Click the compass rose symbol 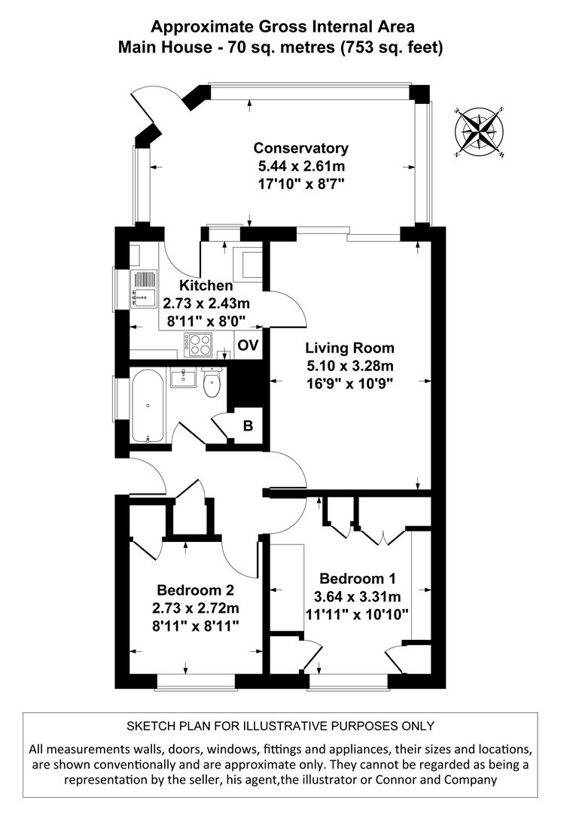(480, 132)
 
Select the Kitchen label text (205, 286)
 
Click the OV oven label (248, 346)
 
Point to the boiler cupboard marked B (246, 425)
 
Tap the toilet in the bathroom (212, 383)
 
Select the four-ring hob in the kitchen (199, 345)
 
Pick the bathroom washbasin (183, 377)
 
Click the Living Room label (349, 348)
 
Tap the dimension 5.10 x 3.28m (349, 366)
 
